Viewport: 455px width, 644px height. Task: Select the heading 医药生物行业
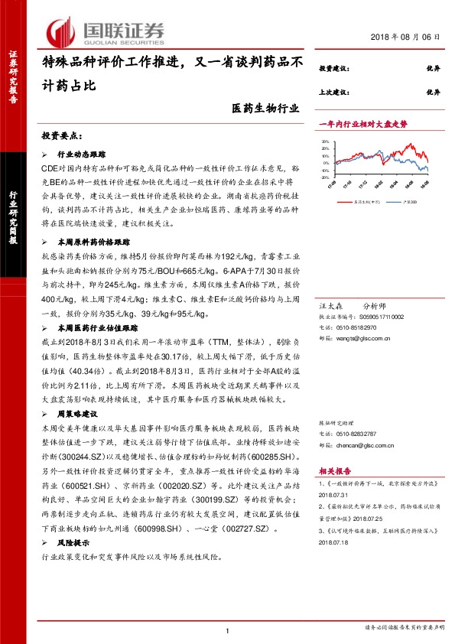tap(265, 110)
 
